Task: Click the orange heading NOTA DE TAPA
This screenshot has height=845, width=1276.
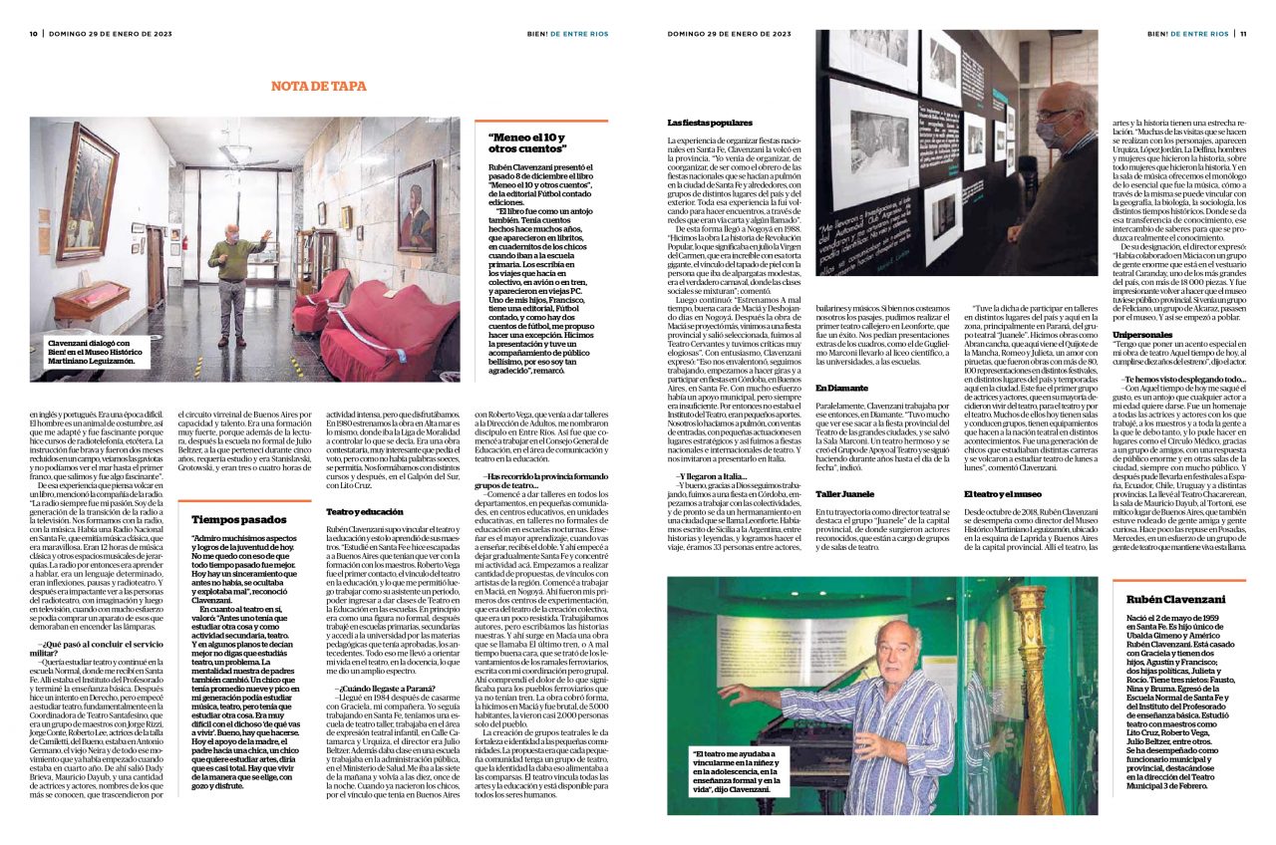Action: pyautogui.click(x=319, y=87)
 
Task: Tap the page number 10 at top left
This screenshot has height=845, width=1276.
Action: pyautogui.click(x=33, y=33)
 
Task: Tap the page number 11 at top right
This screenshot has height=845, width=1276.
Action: pyautogui.click(x=1243, y=33)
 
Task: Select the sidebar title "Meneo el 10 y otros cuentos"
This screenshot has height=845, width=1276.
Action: pyautogui.click(x=526, y=143)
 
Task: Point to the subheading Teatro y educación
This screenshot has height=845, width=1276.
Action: pyautogui.click(x=357, y=511)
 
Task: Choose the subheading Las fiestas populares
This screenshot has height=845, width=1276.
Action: pyautogui.click(x=710, y=123)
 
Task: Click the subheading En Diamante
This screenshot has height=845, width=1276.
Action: pyautogui.click(x=840, y=387)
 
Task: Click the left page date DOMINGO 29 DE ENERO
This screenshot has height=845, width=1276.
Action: pyautogui.click(x=100, y=33)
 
